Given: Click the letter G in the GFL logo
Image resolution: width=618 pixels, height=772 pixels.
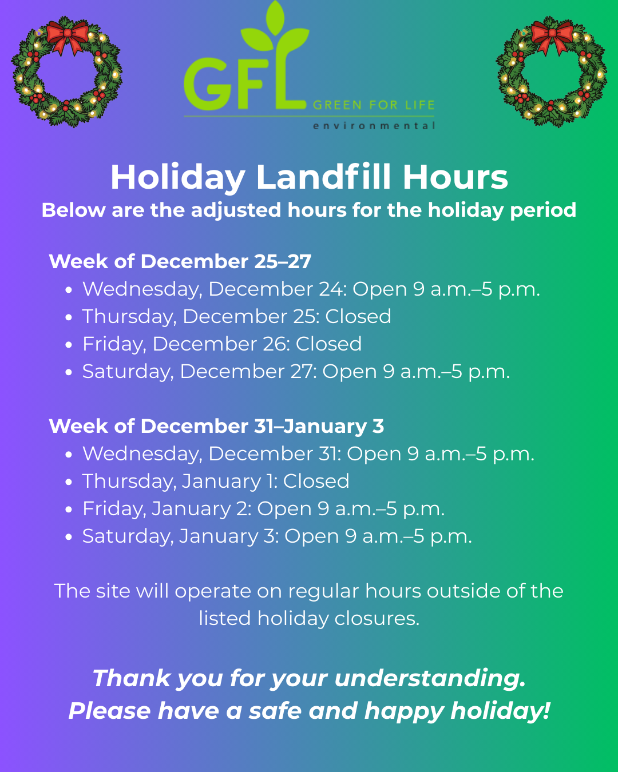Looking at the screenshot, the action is [207, 83].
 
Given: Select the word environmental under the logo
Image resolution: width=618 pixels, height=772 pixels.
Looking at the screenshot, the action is [374, 126].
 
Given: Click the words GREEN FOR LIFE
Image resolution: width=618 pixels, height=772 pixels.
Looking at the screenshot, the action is [374, 105].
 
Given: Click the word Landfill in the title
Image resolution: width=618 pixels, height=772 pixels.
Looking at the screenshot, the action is [323, 177].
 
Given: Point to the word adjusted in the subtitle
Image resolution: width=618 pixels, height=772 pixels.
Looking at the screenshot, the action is [236, 210].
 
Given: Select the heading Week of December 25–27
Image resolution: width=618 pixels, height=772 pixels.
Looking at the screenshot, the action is [180, 261].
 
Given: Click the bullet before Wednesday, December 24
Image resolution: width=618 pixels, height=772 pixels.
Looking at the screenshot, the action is [69, 290].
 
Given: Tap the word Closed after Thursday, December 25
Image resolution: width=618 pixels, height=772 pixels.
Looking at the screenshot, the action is [358, 316].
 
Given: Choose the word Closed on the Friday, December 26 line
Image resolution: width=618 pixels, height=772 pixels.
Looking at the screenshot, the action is [328, 344].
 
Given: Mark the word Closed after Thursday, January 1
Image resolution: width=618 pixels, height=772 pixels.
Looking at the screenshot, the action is [316, 481].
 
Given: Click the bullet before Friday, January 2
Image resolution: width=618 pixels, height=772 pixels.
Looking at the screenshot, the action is [69, 510].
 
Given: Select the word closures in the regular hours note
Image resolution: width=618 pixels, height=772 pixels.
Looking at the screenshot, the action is [377, 619].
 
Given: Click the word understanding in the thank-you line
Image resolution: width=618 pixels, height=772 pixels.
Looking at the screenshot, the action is [430, 679].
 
